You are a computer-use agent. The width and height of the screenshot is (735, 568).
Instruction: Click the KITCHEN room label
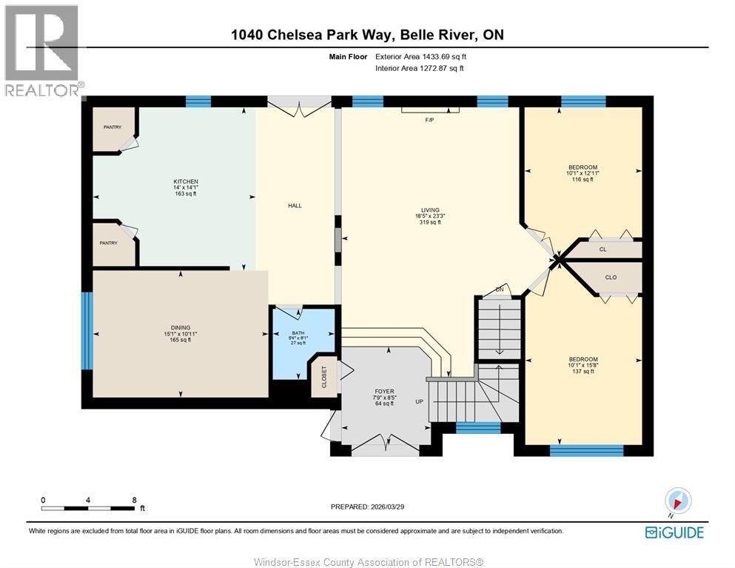click(x=186, y=181)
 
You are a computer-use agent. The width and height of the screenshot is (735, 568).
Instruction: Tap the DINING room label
click(x=181, y=328)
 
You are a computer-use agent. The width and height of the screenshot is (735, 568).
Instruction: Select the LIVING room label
click(x=430, y=210)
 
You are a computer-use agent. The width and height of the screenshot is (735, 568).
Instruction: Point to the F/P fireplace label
click(x=429, y=120)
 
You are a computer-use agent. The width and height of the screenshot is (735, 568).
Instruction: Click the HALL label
click(x=295, y=205)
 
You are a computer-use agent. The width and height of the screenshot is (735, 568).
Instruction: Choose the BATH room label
click(x=298, y=333)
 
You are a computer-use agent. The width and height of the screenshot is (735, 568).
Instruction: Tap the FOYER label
click(x=384, y=391)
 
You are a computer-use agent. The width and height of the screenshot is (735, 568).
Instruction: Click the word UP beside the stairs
click(x=420, y=402)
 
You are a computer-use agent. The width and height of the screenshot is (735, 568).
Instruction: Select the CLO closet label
click(x=611, y=277)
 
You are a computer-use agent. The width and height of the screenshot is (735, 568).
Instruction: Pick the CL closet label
click(x=603, y=250)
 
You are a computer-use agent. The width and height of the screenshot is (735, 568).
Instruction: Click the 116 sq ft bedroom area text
click(x=583, y=179)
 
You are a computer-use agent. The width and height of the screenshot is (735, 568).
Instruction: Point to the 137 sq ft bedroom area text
click(x=583, y=371)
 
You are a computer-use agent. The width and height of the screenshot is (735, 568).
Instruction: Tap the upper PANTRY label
click(x=113, y=127)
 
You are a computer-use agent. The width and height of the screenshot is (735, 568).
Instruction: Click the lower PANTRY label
click(x=108, y=243)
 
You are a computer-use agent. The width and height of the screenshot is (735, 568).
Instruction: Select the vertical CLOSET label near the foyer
click(x=324, y=377)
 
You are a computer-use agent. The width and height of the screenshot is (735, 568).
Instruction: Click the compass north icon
click(x=677, y=501)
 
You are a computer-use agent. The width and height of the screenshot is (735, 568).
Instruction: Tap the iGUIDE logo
click(x=674, y=532)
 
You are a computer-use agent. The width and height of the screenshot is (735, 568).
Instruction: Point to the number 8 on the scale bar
click(x=135, y=500)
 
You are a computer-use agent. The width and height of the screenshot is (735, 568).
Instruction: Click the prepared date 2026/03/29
click(x=387, y=507)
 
